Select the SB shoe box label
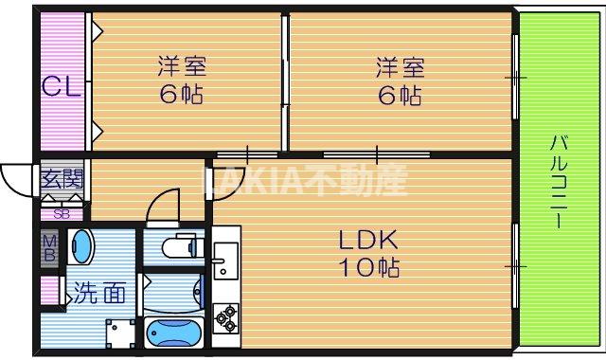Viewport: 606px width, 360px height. click(61, 213)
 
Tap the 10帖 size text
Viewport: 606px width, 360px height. click(369, 267)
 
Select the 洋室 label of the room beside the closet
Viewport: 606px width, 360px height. click(182, 67)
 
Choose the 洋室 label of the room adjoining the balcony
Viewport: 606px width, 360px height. click(400, 67)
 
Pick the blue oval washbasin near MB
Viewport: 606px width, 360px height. click(82, 247)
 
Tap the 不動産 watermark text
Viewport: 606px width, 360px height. click(365, 179)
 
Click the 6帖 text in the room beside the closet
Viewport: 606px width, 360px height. click(182, 95)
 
